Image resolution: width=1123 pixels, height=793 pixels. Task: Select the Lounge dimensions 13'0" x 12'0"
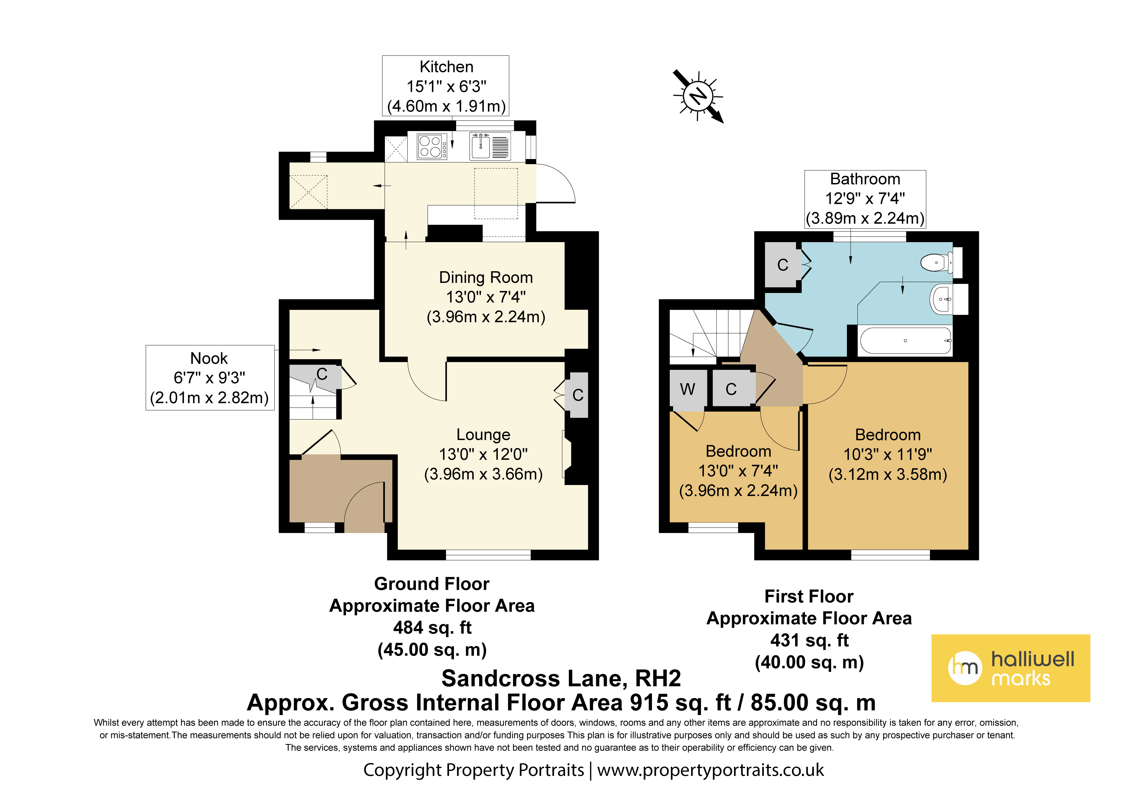483,454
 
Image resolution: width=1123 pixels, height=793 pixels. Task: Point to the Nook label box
210,377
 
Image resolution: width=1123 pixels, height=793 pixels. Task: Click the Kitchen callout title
446,66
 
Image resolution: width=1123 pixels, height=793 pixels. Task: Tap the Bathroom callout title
865,179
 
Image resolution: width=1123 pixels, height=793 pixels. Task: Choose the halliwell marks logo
1011,668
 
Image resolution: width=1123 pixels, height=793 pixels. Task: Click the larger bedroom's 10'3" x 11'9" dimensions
888,454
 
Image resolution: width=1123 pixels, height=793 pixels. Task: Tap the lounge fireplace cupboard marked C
578,395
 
